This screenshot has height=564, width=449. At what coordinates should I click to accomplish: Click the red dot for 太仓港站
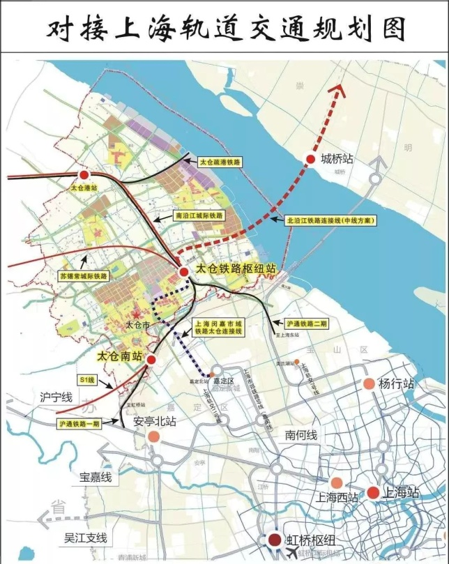pos(84,175)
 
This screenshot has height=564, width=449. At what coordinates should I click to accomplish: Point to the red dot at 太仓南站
pos(150,358)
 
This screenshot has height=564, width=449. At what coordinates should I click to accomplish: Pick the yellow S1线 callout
pos(87,381)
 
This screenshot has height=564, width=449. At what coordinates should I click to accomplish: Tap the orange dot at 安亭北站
pos(153,436)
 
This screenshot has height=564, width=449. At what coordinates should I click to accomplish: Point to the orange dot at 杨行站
pos(369,383)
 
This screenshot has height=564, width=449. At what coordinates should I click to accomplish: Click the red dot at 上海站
pos(373,492)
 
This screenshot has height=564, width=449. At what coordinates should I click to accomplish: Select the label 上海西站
pos(337,498)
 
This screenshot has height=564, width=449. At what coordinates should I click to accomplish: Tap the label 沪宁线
pos(56,397)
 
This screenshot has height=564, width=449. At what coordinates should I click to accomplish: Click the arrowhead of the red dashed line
pos(340,89)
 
